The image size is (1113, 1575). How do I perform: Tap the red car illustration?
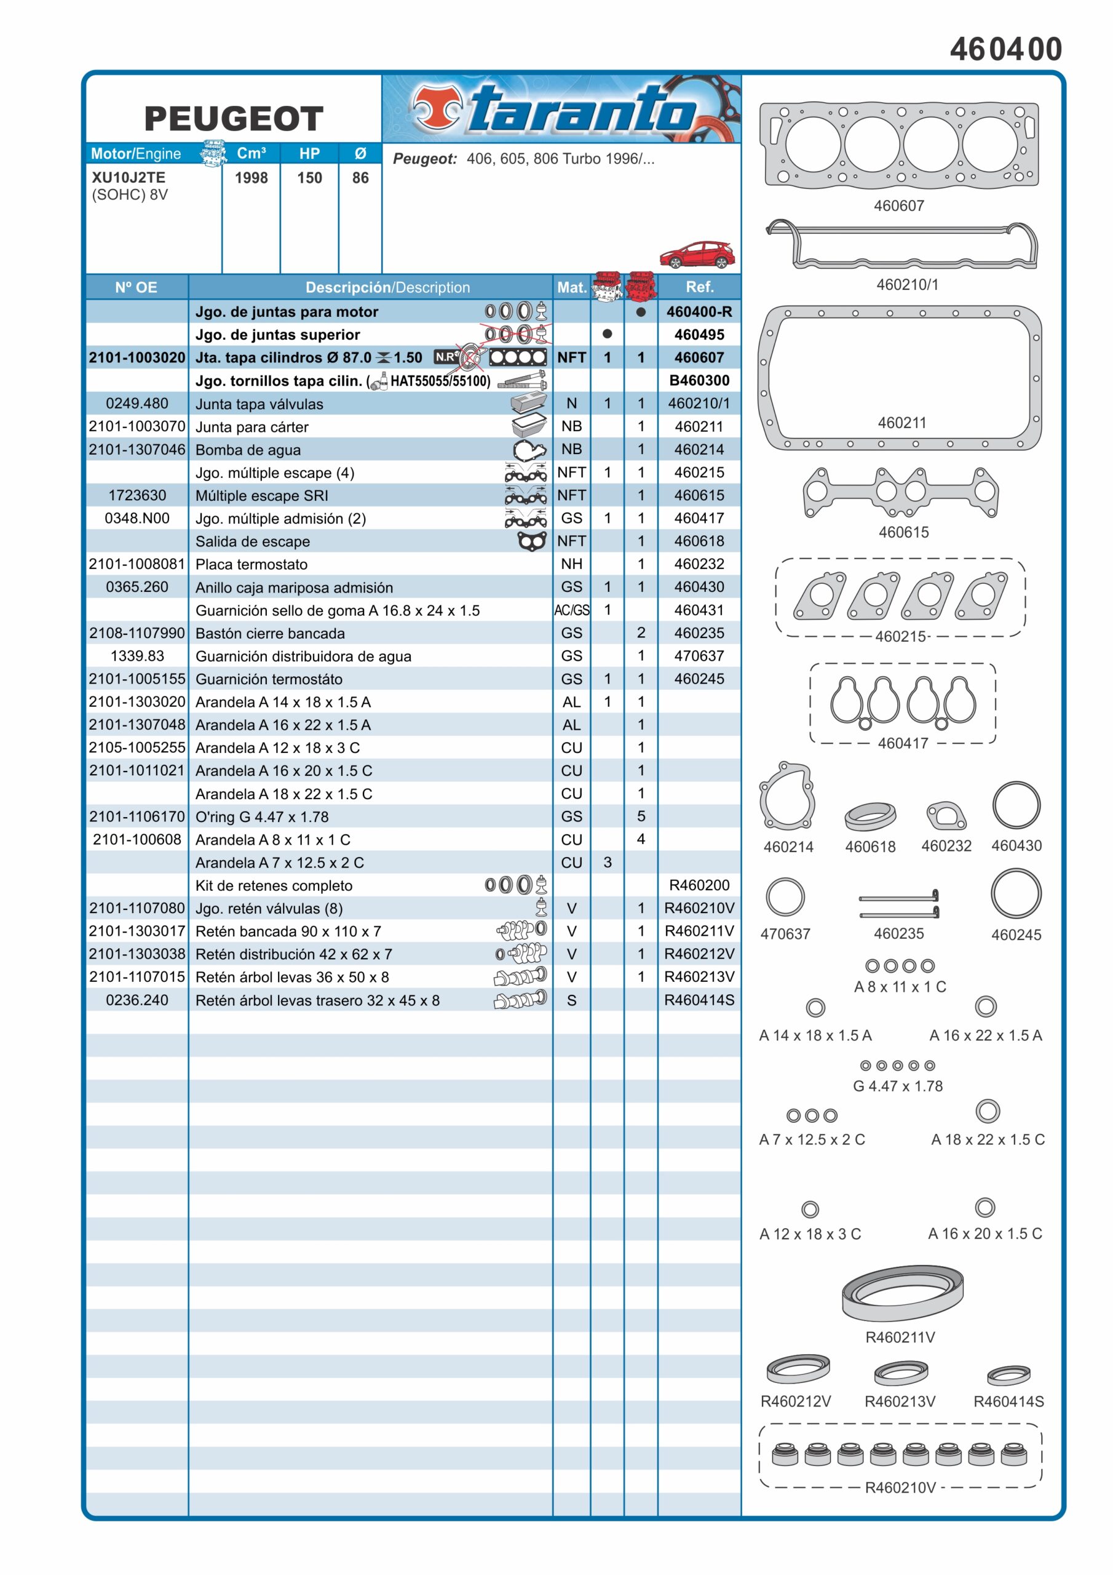pos(697,255)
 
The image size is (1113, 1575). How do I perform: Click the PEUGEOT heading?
pos(234,119)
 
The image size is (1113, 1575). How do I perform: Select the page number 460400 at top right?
pos(1006,49)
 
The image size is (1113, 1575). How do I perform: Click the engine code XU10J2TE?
pos(129,178)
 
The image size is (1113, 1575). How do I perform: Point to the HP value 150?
pos(309,178)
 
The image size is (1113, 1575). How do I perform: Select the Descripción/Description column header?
pos(387,287)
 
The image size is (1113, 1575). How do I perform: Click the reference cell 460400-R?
pos(699,311)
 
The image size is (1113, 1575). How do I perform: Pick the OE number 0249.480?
pos(137,404)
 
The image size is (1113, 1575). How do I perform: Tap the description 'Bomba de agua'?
pos(248,450)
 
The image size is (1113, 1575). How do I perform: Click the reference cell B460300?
pos(699,381)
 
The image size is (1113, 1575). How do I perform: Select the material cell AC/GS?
pos(572,610)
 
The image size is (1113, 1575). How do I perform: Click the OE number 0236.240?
pos(137,1000)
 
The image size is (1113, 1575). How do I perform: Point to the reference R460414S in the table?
pos(699,1000)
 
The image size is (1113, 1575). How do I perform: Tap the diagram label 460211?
pos(902,423)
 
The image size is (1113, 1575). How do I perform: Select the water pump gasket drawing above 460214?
pos(786,796)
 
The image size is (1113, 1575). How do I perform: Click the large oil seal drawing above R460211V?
pos(903,1293)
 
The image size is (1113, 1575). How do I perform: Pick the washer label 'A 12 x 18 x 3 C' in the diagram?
pos(810,1234)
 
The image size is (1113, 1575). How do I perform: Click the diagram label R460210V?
pos(900,1487)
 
